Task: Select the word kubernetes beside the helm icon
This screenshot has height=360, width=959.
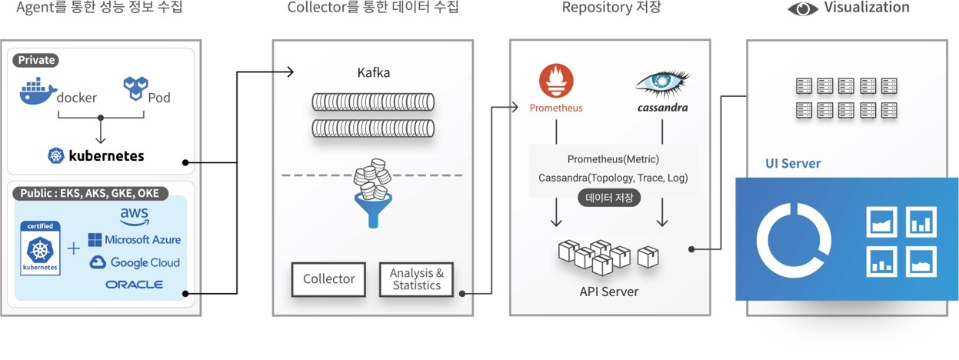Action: pyautogui.click(x=106, y=155)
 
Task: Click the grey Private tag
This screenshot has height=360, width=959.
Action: pyautogui.click(x=36, y=60)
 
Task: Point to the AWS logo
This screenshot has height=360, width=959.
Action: pyautogui.click(x=135, y=216)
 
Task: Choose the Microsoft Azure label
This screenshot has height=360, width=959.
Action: pyautogui.click(x=134, y=240)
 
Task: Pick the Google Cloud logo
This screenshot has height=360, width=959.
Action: pyautogui.click(x=135, y=262)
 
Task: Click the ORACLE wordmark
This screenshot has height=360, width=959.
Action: pyautogui.click(x=135, y=285)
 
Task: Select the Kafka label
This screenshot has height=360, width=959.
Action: pyautogui.click(x=373, y=73)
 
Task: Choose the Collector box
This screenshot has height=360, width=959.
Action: pyautogui.click(x=328, y=278)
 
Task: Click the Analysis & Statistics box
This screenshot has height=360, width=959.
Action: pyautogui.click(x=417, y=279)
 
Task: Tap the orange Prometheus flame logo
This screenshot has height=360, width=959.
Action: pyautogui.click(x=555, y=82)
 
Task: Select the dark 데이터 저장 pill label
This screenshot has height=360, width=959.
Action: pyautogui.click(x=609, y=197)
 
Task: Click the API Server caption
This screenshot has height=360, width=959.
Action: pyautogui.click(x=608, y=292)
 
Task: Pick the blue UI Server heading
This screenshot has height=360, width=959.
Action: pyautogui.click(x=793, y=163)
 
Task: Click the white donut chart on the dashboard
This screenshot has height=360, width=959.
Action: pyautogui.click(x=794, y=239)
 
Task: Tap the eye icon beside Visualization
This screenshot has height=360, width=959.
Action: pyautogui.click(x=803, y=9)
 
